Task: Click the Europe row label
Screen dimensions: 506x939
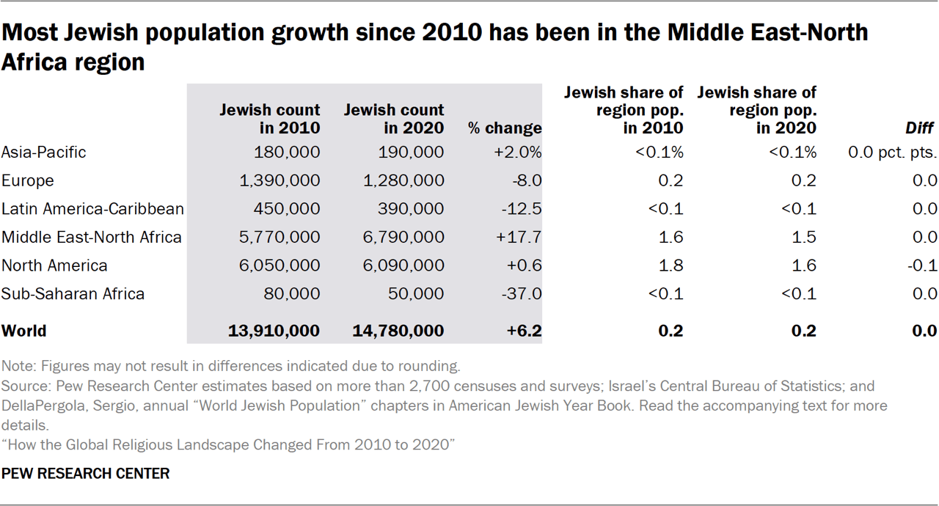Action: (28, 180)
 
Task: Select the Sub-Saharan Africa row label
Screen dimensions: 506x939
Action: (73, 294)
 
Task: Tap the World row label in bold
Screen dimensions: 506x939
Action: (23, 331)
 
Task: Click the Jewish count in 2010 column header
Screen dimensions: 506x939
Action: (270, 119)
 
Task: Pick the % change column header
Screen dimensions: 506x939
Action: (505, 128)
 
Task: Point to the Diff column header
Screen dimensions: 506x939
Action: (919, 128)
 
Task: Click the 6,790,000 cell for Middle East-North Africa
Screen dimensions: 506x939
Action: (404, 237)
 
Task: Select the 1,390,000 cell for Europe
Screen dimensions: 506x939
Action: (280, 180)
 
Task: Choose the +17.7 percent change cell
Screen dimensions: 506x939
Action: (519, 237)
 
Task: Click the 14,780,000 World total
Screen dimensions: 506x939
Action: (398, 331)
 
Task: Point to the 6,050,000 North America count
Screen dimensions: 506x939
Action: (280, 265)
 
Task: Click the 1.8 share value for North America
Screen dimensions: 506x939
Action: (671, 265)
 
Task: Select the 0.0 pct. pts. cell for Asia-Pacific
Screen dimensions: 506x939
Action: (891, 152)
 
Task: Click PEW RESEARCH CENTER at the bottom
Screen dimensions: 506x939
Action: (86, 474)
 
